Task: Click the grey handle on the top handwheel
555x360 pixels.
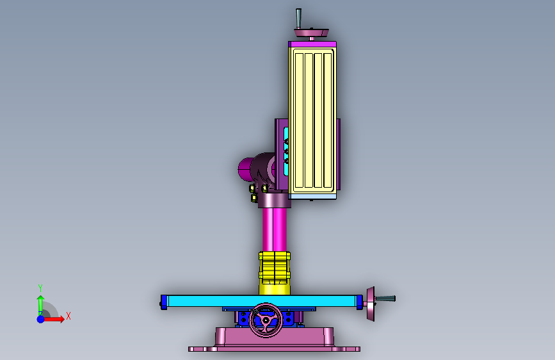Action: pos(298,19)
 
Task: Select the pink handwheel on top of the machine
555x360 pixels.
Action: pos(311,33)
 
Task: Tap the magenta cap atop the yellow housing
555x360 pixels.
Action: pos(312,44)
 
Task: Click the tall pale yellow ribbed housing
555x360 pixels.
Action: pos(312,120)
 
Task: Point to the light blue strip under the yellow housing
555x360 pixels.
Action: pos(312,197)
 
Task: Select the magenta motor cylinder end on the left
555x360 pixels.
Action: pos(245,169)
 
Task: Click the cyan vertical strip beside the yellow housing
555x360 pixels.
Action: pos(286,151)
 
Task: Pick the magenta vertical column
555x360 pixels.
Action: pos(275,229)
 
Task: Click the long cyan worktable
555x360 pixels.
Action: pos(262,301)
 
